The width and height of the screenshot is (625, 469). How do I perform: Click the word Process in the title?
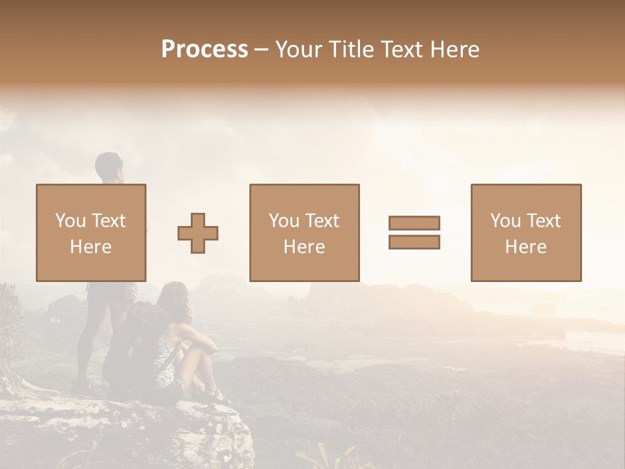click(x=204, y=50)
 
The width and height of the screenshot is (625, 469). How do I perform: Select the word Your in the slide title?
click(x=297, y=50)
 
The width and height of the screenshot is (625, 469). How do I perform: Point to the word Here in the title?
click(x=453, y=50)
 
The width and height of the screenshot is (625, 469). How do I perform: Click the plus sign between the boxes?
click(x=198, y=233)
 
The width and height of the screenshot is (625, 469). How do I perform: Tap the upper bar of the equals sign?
click(x=414, y=223)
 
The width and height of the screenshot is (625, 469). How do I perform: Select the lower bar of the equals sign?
click(x=414, y=242)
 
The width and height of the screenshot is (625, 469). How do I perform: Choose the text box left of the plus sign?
click(x=90, y=233)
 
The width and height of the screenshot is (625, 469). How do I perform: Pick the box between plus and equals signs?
click(x=304, y=233)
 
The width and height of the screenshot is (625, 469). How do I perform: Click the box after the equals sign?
click(x=525, y=233)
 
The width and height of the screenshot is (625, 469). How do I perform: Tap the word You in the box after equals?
click(x=505, y=221)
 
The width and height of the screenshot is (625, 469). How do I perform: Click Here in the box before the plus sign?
click(x=90, y=247)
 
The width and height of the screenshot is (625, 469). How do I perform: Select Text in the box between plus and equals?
click(x=322, y=221)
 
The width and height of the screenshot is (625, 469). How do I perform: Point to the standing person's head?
click(x=109, y=167)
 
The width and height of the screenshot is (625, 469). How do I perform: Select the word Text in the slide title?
click(x=398, y=50)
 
